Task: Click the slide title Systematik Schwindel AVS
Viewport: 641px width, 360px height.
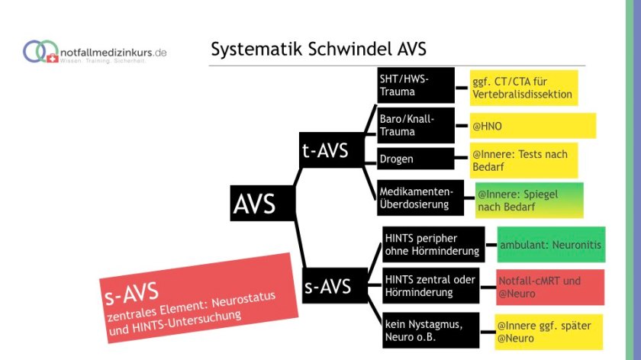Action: click(318, 50)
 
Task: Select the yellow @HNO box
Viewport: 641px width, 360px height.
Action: click(533, 126)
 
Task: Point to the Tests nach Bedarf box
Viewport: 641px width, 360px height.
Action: click(523, 160)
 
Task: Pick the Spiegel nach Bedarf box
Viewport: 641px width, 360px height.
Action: click(529, 201)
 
